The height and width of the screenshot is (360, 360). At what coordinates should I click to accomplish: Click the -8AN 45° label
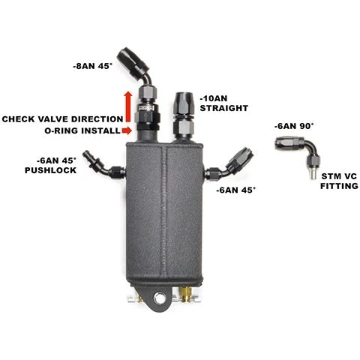coord(93,66)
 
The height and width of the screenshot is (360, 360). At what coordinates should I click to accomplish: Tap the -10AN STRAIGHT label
coord(224,103)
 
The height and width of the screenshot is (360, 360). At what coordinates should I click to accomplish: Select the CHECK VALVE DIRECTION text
coord(62,119)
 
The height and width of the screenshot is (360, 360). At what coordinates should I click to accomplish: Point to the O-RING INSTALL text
coord(82,130)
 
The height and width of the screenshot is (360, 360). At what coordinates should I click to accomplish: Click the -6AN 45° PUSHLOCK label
coord(51,165)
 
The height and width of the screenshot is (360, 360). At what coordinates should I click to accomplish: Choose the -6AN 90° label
coord(294,126)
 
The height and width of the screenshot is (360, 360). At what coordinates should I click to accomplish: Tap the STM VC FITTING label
coord(339,181)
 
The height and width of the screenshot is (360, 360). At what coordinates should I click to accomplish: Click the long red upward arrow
coord(128,106)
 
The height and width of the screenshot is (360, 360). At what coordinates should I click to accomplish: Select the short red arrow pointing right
coord(127,130)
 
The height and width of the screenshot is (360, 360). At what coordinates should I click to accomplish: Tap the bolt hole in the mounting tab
coord(159,298)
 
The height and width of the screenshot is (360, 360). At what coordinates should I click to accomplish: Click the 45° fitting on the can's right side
coord(229,163)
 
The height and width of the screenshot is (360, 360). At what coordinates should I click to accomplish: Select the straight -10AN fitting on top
coord(184,116)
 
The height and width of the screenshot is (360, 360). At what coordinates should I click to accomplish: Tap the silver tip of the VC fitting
coord(313,174)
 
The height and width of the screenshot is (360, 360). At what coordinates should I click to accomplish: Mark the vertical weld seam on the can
coord(163,212)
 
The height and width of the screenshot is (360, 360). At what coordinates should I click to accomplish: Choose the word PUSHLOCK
coord(51,170)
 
